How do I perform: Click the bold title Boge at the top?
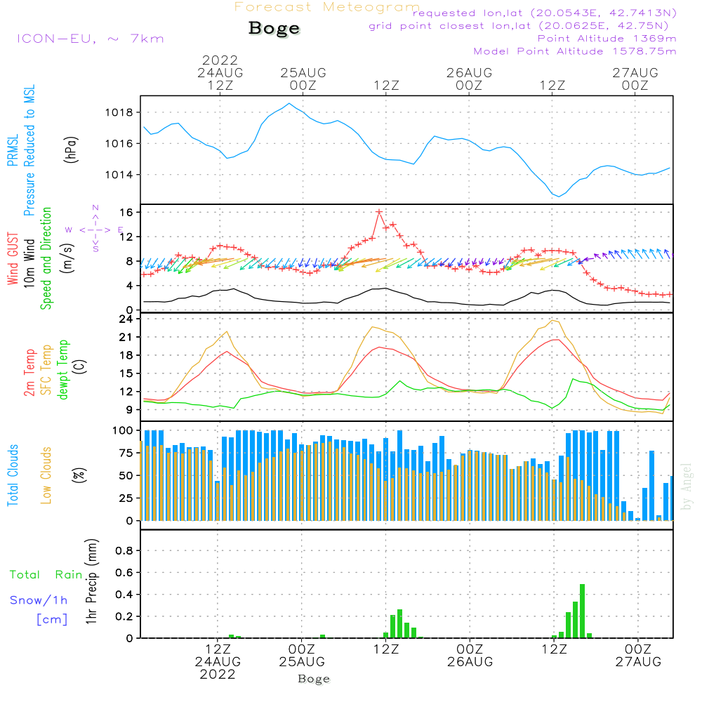click(274, 29)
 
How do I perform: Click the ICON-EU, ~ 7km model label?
click(90, 39)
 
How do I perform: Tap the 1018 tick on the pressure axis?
click(123, 112)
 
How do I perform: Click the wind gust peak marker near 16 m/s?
click(379, 211)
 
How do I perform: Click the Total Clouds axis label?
click(13, 475)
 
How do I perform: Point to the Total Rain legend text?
click(46, 575)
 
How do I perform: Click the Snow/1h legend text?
click(39, 600)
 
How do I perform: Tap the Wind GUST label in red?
click(13, 259)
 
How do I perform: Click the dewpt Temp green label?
click(62, 370)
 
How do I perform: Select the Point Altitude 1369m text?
click(607, 39)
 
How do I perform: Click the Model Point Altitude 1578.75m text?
click(575, 51)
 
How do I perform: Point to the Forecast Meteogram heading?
click(327, 8)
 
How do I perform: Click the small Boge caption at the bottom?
click(313, 679)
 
